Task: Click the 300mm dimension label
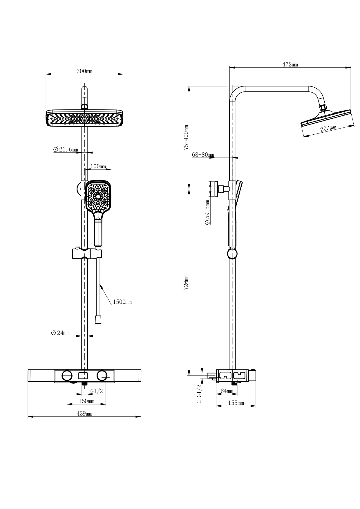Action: coord(84,71)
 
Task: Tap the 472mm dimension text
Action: coord(290,65)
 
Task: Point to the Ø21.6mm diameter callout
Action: coord(66,149)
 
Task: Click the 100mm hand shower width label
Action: coord(98,167)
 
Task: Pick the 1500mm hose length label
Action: coord(122,302)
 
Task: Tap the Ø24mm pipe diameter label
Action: coord(60,333)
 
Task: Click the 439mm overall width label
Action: coord(84,414)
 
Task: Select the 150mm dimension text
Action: coord(86,401)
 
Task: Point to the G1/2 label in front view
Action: coord(97,391)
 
